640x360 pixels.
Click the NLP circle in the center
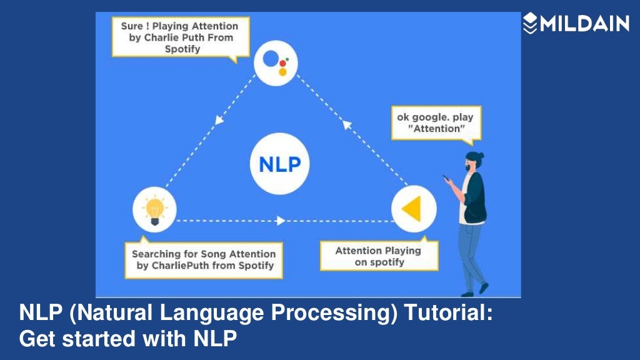coord(279,165)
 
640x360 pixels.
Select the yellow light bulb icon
coord(154,210)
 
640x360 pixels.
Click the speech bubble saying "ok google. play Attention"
coord(436,123)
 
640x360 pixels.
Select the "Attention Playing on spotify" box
coord(378,256)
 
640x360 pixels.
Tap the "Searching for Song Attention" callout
coord(203,260)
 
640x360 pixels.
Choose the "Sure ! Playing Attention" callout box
coord(179,37)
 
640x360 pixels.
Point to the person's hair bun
coord(480,156)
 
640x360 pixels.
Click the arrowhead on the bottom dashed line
coord(281,221)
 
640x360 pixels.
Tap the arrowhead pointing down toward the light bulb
coord(219,119)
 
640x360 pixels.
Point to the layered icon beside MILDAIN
coord(530,24)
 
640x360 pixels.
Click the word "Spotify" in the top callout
coord(182,49)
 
